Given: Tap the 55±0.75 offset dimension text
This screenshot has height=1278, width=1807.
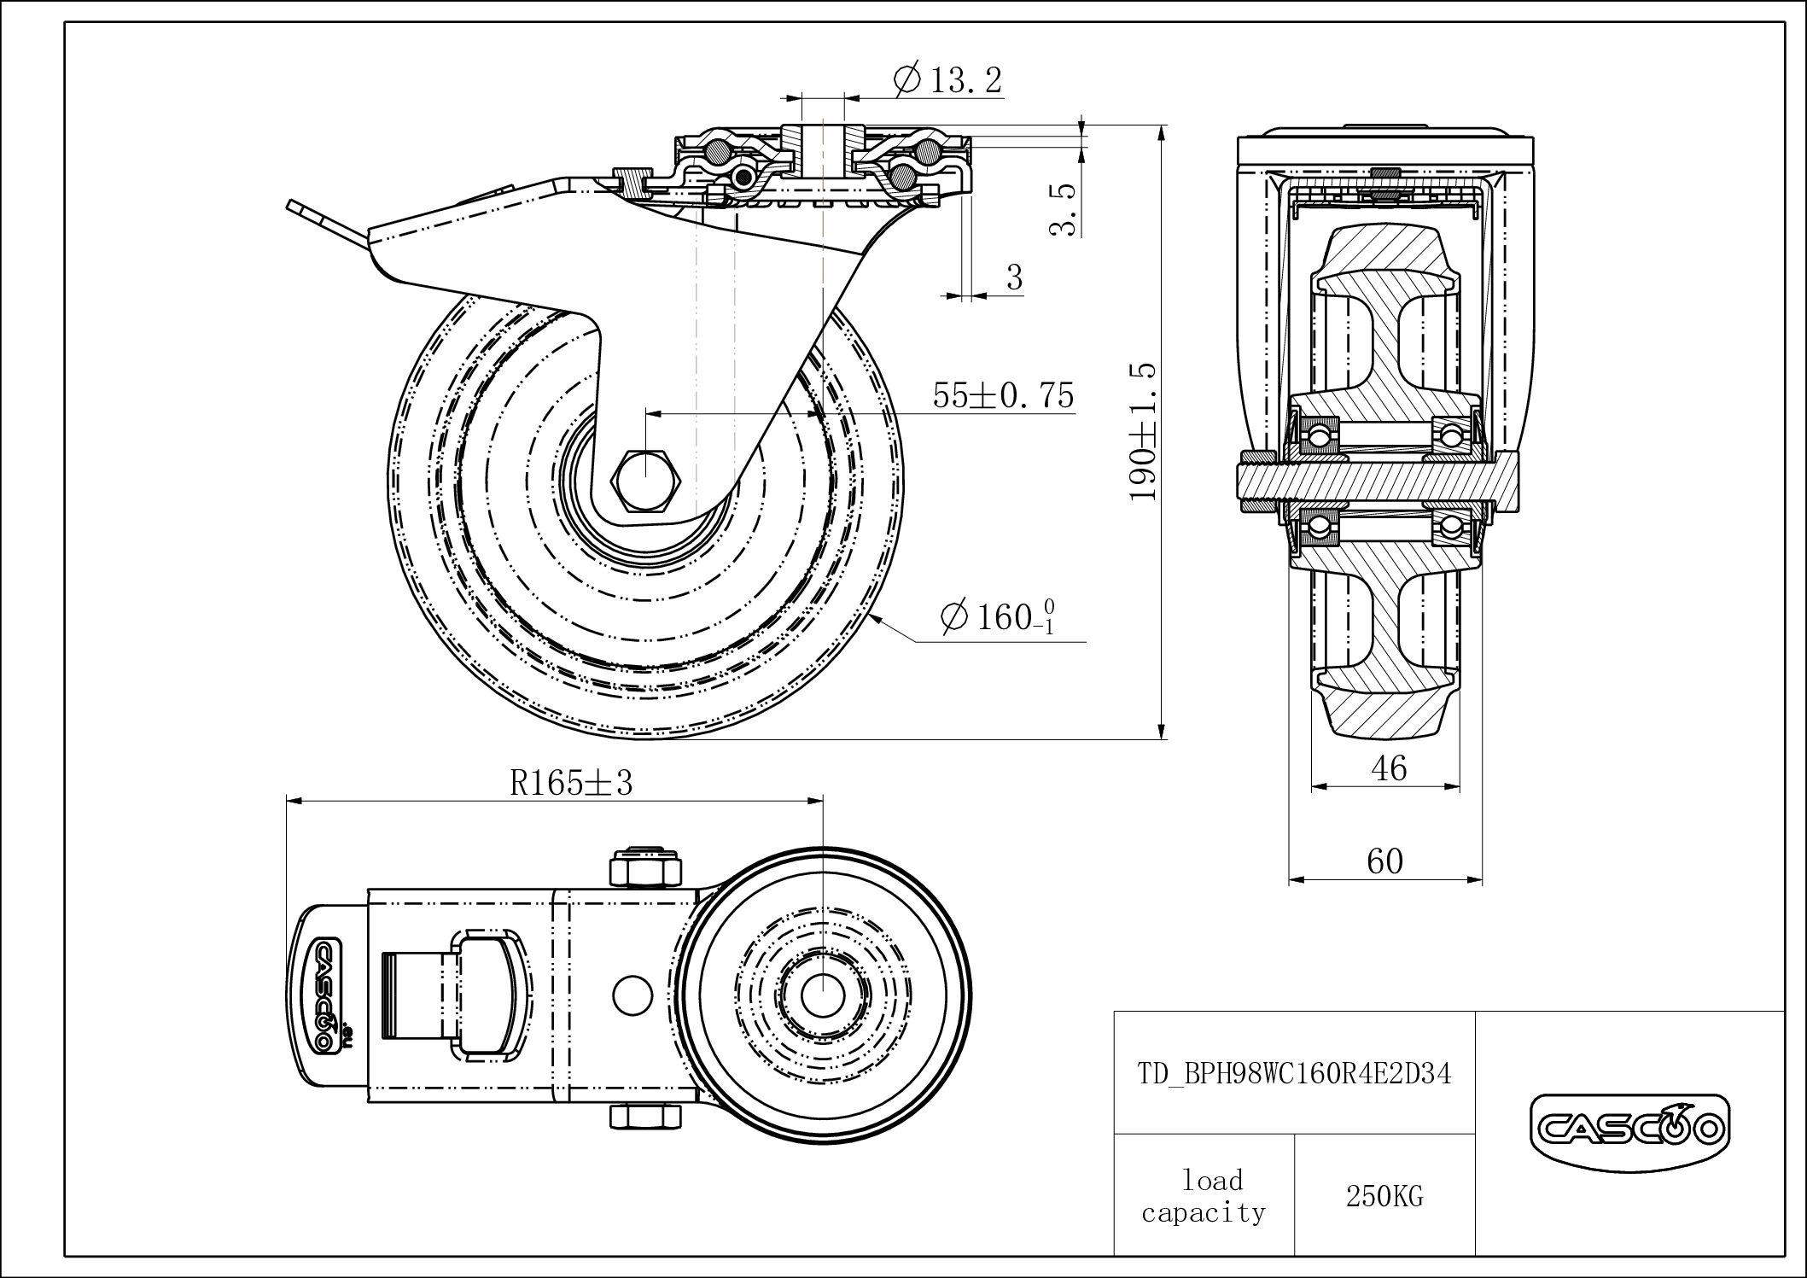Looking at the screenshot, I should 1003,396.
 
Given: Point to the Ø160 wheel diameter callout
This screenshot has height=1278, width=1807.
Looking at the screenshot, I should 997,616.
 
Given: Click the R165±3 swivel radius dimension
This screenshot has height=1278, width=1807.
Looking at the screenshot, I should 571,782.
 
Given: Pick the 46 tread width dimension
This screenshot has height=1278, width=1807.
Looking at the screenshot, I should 1388,769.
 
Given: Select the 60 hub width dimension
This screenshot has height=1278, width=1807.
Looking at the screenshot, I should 1384,861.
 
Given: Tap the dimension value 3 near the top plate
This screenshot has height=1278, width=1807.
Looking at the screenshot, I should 1014,277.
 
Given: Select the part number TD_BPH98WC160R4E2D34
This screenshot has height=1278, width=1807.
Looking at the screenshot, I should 1294,1072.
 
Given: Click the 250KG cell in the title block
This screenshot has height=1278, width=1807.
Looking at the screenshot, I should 1384,1197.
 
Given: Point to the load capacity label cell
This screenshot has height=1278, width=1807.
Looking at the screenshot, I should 1204,1197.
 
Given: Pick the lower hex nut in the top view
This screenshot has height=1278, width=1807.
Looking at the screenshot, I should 645,1116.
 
